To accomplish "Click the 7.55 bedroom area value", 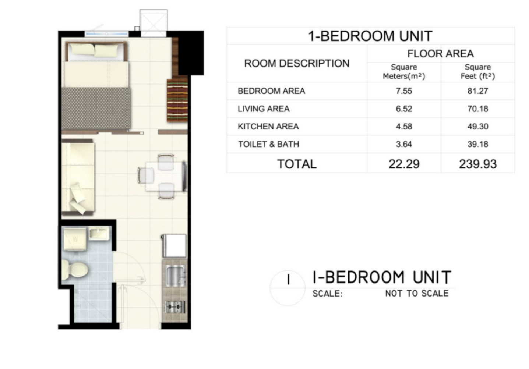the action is pos(404,91).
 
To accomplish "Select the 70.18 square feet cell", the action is pos(478,109).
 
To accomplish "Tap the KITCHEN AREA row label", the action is pos(268,127).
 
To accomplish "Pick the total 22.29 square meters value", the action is pos(404,164).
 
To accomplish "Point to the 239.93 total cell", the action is pos(478,164).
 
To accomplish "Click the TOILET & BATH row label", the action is pos(268,144).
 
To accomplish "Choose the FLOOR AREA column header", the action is pos(440,54).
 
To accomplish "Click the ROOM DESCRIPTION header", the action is pos(297,63).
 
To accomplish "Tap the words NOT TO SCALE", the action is pos(417,293).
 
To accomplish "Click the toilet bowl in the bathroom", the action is pos(75,269).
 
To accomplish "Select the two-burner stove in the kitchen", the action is pos(175,307).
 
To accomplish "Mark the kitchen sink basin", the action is pos(175,275).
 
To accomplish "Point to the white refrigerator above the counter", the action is pos(174,245).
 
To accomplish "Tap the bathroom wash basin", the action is pos(100,233).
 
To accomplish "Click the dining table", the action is pos(164,176).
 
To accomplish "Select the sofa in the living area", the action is pos(78,177).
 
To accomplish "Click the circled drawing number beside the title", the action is pos(288,288).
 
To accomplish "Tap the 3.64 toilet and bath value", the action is pos(404,144).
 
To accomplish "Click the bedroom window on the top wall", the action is pos(107,34).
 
